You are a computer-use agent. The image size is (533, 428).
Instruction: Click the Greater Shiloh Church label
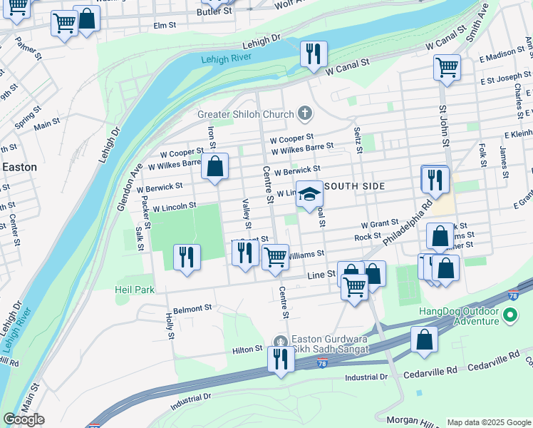click(246, 114)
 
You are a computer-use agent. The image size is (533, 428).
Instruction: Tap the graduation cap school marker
click(309, 193)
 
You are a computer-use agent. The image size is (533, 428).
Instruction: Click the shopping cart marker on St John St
click(447, 68)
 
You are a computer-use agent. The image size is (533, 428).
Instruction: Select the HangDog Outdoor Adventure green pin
click(509, 315)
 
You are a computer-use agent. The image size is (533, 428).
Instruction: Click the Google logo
click(24, 419)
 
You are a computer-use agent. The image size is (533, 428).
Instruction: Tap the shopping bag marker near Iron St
click(214, 168)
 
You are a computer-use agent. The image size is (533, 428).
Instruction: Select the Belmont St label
click(193, 309)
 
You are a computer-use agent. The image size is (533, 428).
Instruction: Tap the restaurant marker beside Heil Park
click(187, 257)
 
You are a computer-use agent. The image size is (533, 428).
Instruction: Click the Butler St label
click(214, 11)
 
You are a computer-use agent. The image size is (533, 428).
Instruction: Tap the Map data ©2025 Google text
click(489, 422)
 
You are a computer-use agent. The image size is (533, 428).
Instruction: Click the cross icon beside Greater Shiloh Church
click(304, 113)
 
